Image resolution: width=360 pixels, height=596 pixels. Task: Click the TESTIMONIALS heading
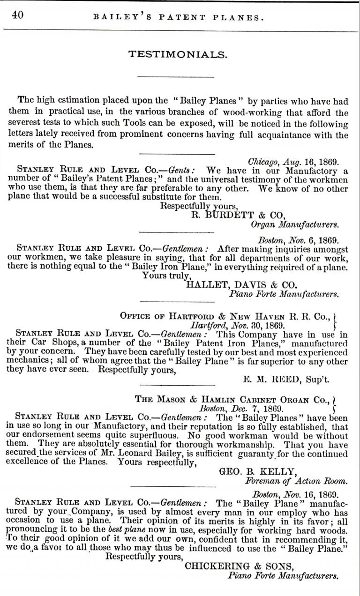point(178,55)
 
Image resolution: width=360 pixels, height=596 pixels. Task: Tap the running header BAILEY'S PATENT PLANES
point(179,18)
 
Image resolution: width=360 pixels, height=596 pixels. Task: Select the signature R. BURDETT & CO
point(239,216)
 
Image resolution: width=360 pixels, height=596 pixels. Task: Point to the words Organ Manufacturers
point(295,225)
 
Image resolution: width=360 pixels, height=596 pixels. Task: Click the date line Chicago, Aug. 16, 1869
point(293,162)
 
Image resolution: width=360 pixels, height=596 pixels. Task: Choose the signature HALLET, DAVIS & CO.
point(242,284)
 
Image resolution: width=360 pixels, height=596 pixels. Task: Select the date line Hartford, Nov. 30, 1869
point(237,324)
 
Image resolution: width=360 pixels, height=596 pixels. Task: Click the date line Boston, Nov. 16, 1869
point(295,494)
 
